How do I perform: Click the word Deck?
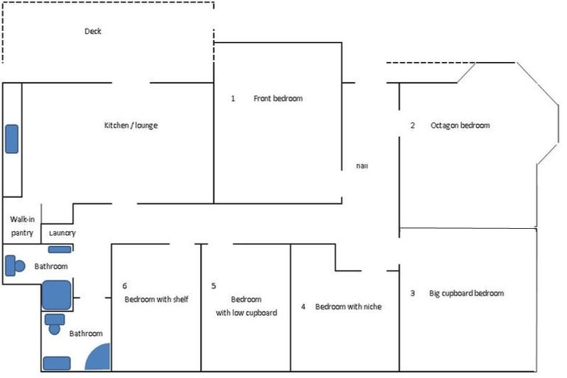[92, 32]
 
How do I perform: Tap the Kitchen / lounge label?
[131, 126]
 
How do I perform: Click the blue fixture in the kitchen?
[12, 139]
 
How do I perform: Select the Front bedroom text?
[278, 98]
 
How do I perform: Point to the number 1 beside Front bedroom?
[233, 98]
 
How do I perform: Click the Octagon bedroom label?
[460, 126]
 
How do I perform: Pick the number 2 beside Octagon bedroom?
[413, 126]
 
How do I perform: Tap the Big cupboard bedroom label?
[467, 293]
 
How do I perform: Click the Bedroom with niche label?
[348, 306]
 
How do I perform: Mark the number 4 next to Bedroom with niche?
[303, 306]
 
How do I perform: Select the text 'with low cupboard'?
[246, 312]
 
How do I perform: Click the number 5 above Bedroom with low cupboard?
[213, 285]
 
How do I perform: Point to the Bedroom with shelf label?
[156, 299]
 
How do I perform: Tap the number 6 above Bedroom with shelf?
[125, 285]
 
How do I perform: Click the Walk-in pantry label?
[21, 227]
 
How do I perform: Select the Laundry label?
[62, 233]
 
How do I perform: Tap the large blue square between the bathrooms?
[56, 295]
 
